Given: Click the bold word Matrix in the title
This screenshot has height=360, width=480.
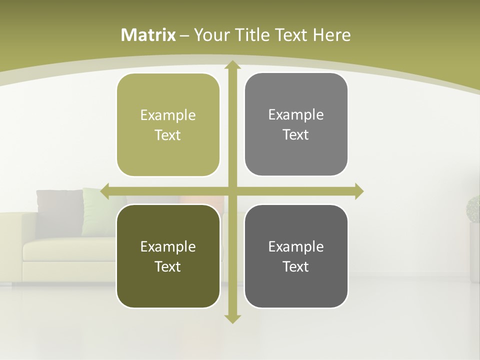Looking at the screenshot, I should (148, 35).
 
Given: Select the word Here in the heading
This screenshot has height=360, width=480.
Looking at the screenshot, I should (331, 35).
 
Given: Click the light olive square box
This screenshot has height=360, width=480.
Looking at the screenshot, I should (168, 125).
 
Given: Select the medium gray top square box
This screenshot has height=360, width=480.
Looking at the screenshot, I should (296, 124).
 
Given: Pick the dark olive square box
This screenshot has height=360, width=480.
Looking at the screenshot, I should (168, 256).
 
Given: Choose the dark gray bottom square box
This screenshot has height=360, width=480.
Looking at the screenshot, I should (296, 256).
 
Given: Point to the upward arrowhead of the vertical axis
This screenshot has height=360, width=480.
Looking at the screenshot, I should (232, 65).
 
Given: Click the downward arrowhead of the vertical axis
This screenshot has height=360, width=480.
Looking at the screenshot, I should (232, 318).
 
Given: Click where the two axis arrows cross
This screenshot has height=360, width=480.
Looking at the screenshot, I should (232, 191).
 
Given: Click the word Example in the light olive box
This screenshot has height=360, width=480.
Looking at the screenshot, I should (168, 115).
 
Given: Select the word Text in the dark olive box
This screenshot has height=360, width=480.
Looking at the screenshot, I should (168, 266).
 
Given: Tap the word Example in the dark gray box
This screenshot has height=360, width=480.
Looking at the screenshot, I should (296, 246).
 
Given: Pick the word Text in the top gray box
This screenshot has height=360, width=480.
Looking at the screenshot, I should (296, 135).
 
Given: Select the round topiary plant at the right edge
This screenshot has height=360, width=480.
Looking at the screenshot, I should (473, 209).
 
